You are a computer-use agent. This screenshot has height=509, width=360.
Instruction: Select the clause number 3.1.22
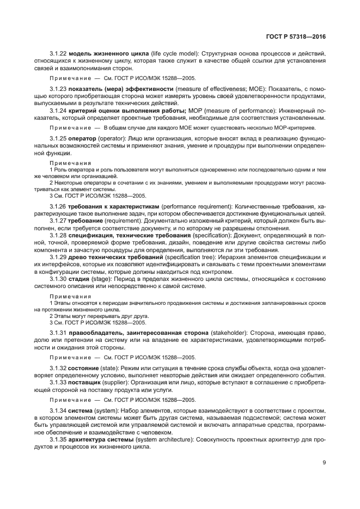[x=57, y=54]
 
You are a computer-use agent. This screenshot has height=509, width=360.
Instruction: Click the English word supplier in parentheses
[x=123, y=383]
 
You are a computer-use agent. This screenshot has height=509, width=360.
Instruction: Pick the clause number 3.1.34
[x=57, y=412]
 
